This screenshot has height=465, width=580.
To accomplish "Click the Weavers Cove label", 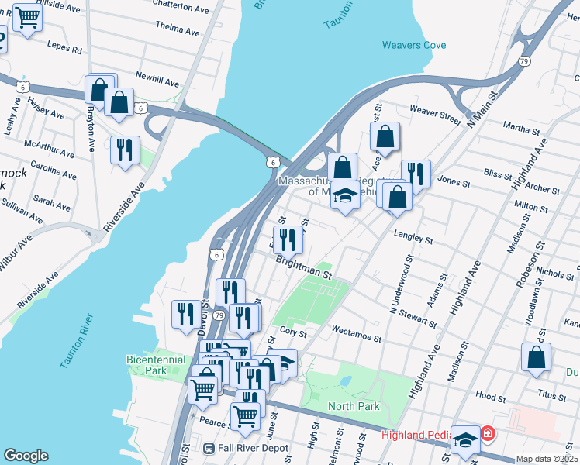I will pyautogui.click(x=413, y=45).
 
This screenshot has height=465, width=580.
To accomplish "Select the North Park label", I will pyautogui.click(x=354, y=406).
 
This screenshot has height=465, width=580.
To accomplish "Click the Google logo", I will pyautogui.click(x=26, y=456).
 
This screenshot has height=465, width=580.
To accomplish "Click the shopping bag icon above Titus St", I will pyautogui.click(x=536, y=357).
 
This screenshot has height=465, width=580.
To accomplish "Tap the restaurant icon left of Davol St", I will pyautogui.click(x=185, y=313).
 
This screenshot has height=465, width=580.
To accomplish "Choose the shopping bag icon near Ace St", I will pyautogui.click(x=385, y=136).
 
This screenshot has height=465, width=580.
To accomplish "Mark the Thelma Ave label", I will pyautogui.click(x=178, y=28).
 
